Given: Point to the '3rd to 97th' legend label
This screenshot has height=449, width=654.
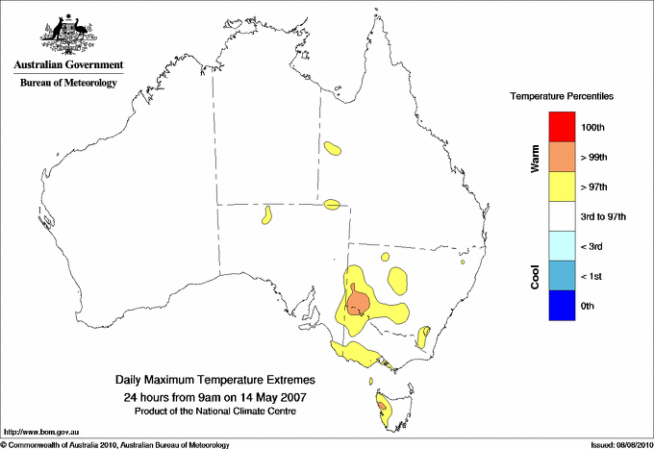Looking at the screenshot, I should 604,217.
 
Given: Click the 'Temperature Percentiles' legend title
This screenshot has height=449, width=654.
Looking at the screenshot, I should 562,97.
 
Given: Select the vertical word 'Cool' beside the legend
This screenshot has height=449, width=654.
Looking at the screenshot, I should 535,277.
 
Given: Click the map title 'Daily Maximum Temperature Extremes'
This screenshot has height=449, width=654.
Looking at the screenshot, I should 214,381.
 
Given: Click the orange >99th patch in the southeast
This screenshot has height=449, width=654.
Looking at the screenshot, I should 358,302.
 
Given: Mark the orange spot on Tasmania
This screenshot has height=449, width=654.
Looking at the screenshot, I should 384,407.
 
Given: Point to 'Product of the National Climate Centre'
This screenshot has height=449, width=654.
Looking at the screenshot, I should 214,412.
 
